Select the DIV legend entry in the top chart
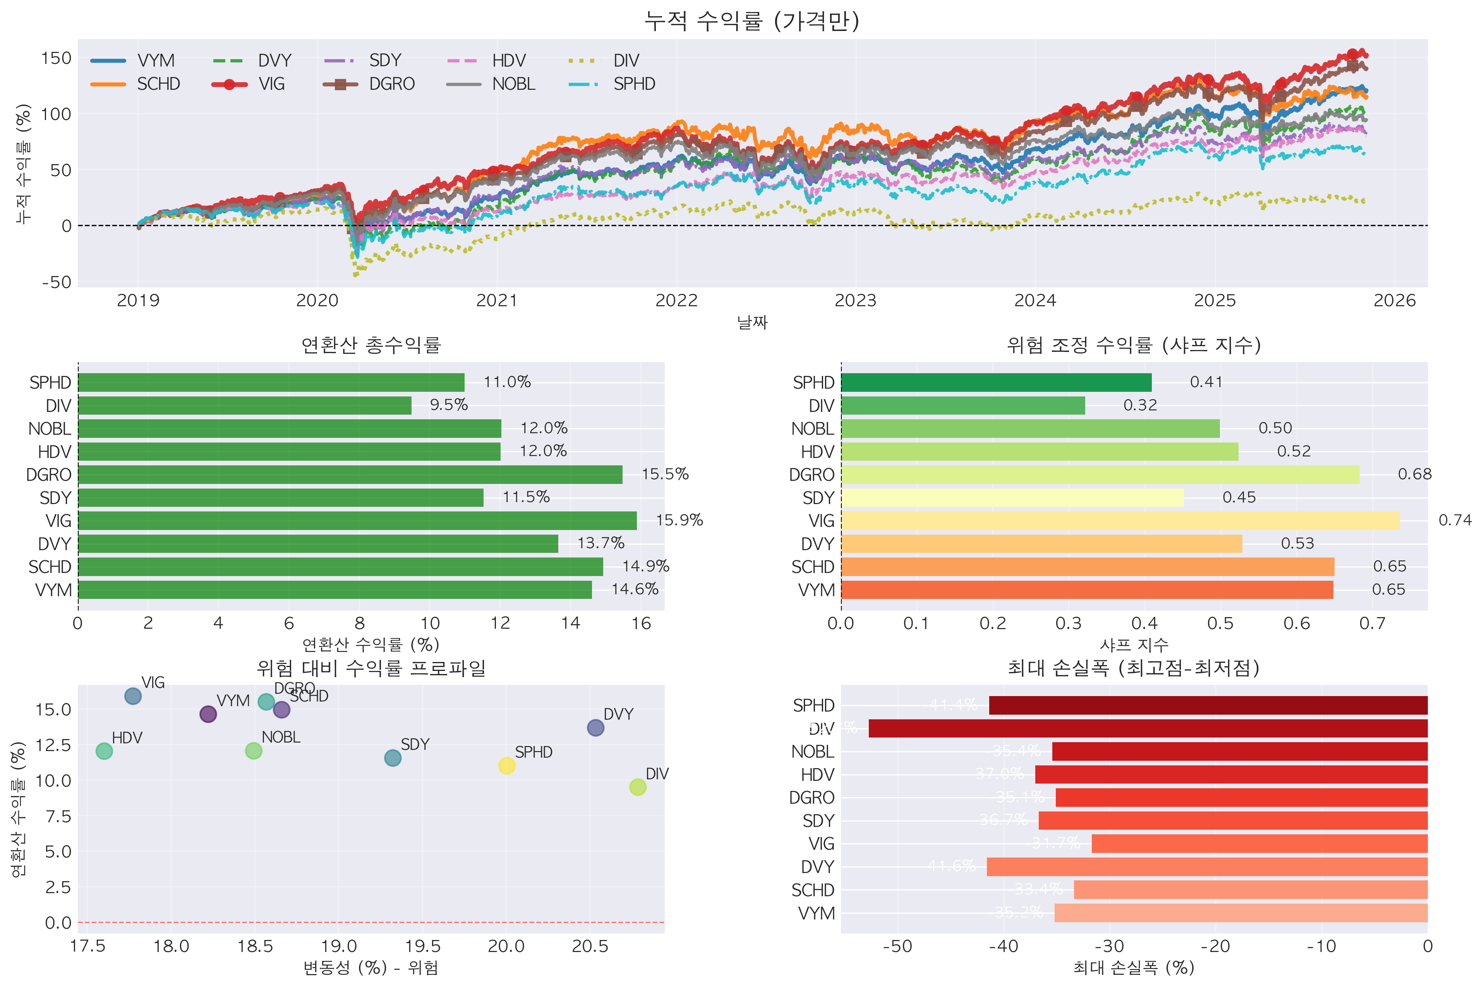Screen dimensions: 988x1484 pyautogui.click(x=625, y=60)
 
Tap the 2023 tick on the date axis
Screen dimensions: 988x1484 pyautogui.click(x=855, y=300)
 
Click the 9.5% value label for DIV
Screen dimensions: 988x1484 pyautogui.click(x=449, y=405)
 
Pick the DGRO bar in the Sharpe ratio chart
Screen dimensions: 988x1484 pyautogui.click(x=1100, y=475)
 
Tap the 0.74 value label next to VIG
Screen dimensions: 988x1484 pyautogui.click(x=1455, y=520)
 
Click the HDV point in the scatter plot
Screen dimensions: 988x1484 pyautogui.click(x=104, y=751)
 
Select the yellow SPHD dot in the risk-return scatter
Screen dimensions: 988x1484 pyautogui.click(x=507, y=765)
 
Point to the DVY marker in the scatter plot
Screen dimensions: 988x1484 pyautogui.click(x=595, y=728)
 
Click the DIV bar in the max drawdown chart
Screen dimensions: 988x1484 pyautogui.click(x=1147, y=728)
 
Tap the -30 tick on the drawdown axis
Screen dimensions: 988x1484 pyautogui.click(x=1109, y=947)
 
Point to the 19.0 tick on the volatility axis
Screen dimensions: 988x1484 pyautogui.click(x=339, y=947)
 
